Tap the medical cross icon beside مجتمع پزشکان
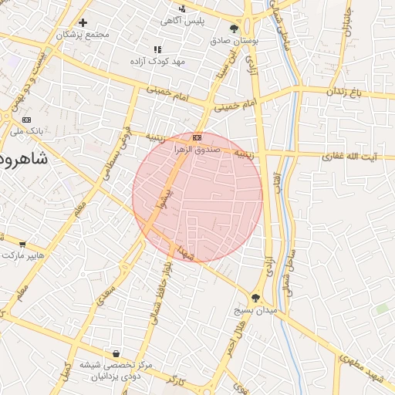click(x=83, y=22)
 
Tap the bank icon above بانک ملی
click(x=27, y=120)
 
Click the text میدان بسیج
click(x=255, y=311)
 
